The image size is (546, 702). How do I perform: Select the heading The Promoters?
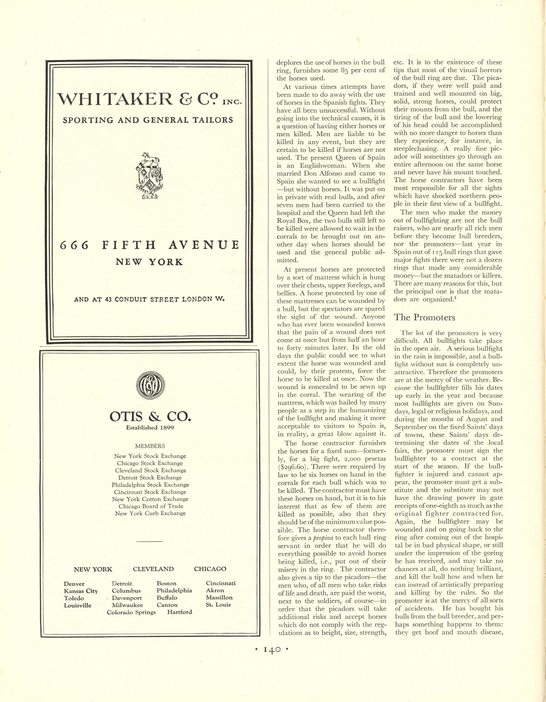[424, 317]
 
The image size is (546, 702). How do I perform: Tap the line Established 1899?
[150, 428]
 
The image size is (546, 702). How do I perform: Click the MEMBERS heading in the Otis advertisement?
[150, 446]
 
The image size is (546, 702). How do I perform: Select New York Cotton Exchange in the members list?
[150, 499]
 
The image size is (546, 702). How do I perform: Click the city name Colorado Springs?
[131, 612]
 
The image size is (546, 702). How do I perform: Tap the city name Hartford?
[179, 612]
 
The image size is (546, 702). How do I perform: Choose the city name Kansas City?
[81, 591]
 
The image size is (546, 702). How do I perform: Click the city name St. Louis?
[218, 605]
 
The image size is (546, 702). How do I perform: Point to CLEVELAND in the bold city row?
[153, 569]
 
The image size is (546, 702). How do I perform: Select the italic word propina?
[322, 538]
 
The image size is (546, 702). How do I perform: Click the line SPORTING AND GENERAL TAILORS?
[148, 120]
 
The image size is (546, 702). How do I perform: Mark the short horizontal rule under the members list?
[149, 542]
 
